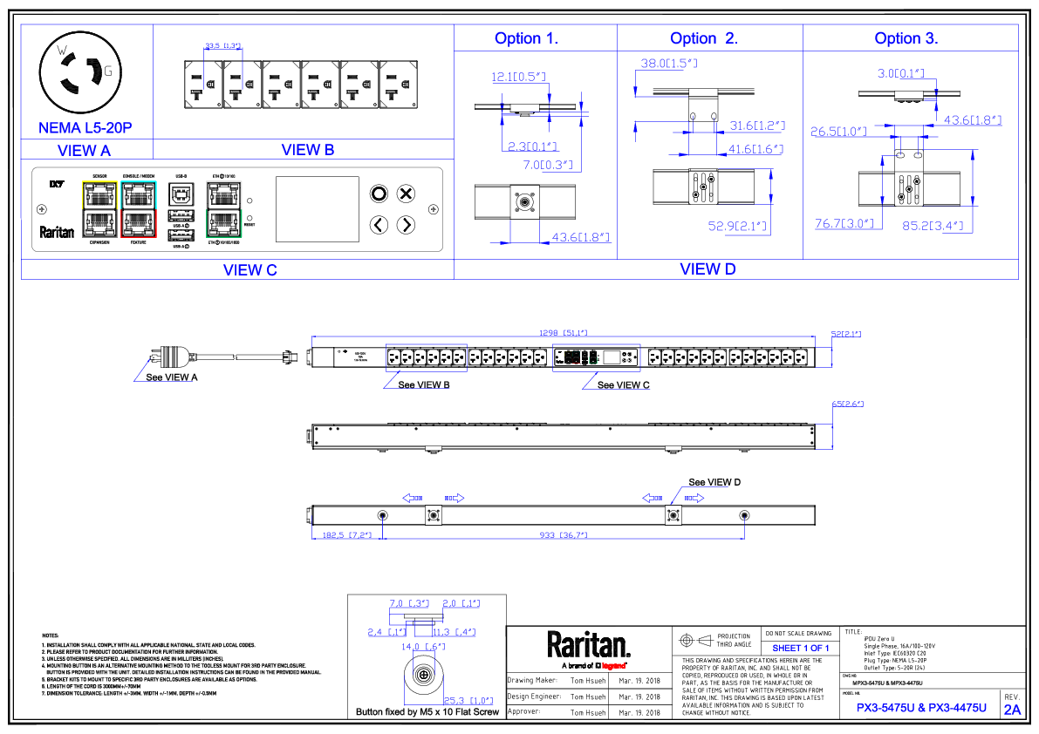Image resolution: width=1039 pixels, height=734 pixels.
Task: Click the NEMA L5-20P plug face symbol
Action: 77,72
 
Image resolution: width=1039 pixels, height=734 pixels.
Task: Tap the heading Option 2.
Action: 704,38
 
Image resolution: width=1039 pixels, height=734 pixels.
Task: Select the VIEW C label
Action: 249,270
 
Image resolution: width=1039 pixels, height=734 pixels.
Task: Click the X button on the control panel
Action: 406,194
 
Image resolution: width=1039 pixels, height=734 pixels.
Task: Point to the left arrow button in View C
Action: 379,225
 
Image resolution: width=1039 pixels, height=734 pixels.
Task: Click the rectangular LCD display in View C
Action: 318,209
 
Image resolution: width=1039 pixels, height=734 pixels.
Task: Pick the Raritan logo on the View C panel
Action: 57,233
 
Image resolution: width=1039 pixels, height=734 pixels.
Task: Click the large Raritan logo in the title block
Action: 588,645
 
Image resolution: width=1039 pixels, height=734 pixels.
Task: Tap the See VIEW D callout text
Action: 714,482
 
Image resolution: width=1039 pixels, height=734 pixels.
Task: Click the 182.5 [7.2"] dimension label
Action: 347,534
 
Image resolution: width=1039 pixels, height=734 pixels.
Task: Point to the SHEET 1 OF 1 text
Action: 802,648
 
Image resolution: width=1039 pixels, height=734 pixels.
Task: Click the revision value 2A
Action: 1012,710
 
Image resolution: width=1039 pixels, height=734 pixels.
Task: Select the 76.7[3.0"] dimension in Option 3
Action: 844,224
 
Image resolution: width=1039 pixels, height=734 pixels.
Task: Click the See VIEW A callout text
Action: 171,377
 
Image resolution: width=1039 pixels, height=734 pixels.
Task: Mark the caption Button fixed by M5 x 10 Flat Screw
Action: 427,712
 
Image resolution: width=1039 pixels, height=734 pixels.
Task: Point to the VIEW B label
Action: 308,150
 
